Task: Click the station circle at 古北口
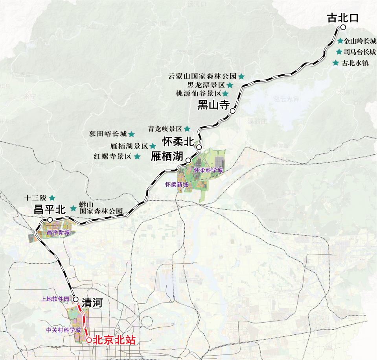click(343, 27)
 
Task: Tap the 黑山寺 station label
click(213, 104)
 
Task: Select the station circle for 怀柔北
click(199, 147)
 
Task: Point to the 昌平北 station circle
click(50, 220)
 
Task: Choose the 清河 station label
click(92, 303)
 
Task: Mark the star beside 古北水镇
click(335, 63)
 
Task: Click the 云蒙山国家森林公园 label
click(202, 76)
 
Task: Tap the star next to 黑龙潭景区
click(230, 85)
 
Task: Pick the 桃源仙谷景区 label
click(199, 94)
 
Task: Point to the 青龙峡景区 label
click(165, 129)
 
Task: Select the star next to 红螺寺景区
click(137, 157)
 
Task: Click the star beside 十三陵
click(52, 198)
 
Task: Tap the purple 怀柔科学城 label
click(208, 170)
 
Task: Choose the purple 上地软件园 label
click(55, 299)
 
